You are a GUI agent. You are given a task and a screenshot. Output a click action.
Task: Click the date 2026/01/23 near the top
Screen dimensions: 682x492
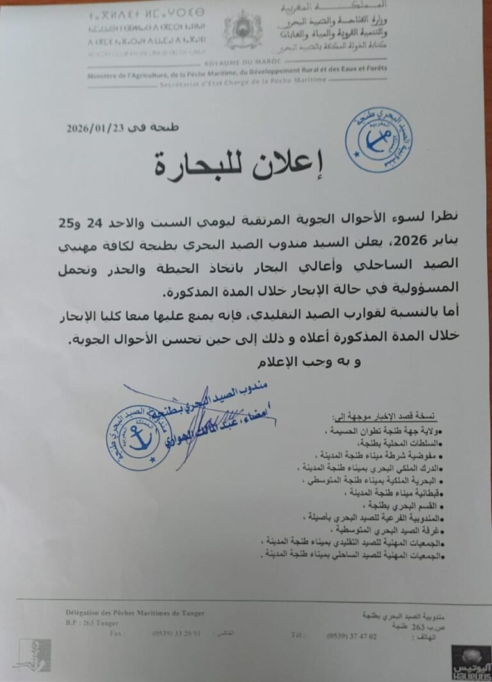[95, 128]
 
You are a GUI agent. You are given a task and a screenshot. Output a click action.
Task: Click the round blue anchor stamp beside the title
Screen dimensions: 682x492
[378, 140]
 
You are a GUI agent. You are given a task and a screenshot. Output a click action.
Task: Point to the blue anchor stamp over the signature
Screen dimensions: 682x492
[138, 437]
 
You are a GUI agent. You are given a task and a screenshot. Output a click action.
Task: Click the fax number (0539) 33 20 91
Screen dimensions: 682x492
[177, 633]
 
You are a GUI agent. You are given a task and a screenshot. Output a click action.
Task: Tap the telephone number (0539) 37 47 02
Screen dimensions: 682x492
[352, 636]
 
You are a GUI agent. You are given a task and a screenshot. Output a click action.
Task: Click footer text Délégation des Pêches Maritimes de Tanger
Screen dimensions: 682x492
[135, 613]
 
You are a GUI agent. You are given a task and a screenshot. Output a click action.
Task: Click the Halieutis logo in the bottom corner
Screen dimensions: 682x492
[471, 662]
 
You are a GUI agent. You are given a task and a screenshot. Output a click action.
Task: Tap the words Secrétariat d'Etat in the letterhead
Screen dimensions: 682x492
[186, 84]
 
